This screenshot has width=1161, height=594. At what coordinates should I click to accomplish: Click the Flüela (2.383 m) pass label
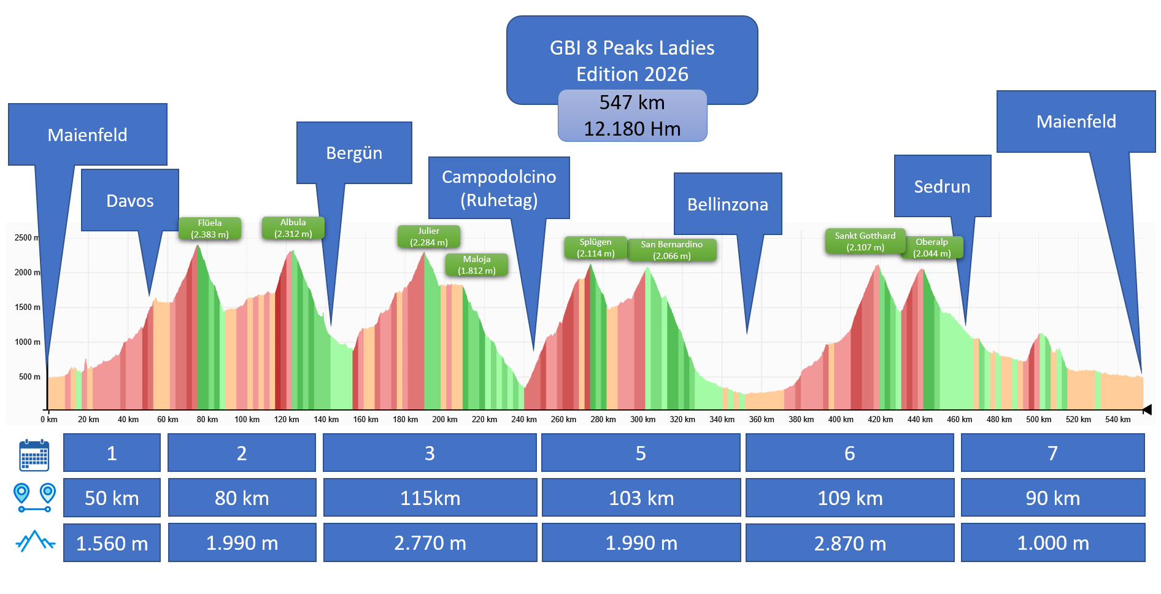pyautogui.click(x=210, y=229)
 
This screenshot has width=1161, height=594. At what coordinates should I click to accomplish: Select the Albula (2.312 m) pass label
pyautogui.click(x=293, y=228)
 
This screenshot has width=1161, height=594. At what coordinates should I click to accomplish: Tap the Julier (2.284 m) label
pyautogui.click(x=428, y=237)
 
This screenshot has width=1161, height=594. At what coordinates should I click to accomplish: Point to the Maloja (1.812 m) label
pyautogui.click(x=477, y=265)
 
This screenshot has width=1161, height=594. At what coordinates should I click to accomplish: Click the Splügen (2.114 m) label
pyautogui.click(x=595, y=248)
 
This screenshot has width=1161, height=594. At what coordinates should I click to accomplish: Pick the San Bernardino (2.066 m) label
pyautogui.click(x=671, y=250)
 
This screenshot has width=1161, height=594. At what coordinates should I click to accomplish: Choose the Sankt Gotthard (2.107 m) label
pyautogui.click(x=865, y=242)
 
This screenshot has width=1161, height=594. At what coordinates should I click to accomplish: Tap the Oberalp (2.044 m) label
pyautogui.click(x=931, y=248)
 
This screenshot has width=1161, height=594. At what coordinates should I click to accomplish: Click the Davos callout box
pyautogui.click(x=130, y=201)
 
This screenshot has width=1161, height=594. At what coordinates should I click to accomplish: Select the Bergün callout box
pyautogui.click(x=354, y=153)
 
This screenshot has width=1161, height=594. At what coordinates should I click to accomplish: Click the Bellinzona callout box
pyautogui.click(x=728, y=204)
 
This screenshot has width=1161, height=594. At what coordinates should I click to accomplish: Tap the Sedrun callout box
pyautogui.click(x=942, y=187)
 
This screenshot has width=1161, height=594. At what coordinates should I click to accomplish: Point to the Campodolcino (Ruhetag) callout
pyautogui.click(x=499, y=188)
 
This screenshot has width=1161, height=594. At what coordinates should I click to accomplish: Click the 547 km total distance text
pyautogui.click(x=632, y=102)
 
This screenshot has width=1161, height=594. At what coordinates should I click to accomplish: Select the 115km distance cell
pyautogui.click(x=430, y=498)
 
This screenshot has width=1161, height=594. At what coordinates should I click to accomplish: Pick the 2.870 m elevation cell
pyautogui.click(x=850, y=543)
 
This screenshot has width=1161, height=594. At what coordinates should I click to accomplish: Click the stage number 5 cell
pyautogui.click(x=641, y=453)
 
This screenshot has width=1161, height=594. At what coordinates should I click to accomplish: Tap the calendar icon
pyautogui.click(x=34, y=455)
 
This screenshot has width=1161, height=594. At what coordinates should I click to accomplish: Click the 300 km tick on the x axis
pyautogui.click(x=642, y=420)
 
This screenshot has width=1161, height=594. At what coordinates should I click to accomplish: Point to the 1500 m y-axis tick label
pyautogui.click(x=28, y=307)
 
